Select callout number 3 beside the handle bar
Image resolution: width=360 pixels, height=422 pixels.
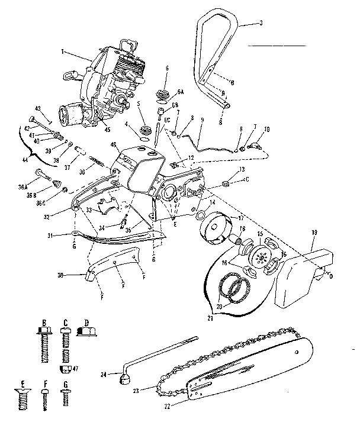(261, 22)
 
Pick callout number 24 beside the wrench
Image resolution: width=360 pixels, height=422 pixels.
(104, 374)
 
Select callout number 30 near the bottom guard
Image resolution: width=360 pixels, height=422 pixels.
(76, 275)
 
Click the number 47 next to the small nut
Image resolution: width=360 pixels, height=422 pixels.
(75, 368)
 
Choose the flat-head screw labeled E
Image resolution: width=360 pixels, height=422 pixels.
(22, 406)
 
